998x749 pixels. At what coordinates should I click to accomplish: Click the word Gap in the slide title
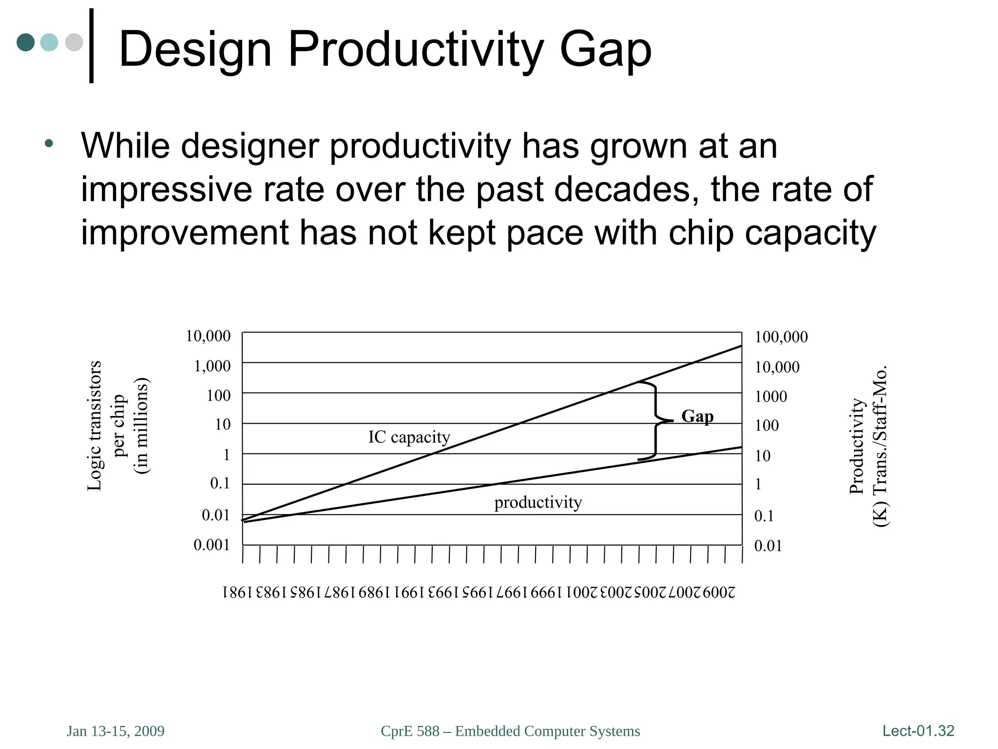pyautogui.click(x=605, y=50)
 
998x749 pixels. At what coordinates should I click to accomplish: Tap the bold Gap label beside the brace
pyautogui.click(x=697, y=416)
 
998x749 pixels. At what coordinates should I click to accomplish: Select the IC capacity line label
pyautogui.click(x=409, y=437)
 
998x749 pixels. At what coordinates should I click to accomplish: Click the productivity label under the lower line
pyautogui.click(x=538, y=502)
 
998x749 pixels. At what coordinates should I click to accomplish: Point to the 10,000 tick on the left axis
pyautogui.click(x=208, y=336)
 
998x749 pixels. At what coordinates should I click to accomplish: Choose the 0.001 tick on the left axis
pyautogui.click(x=211, y=545)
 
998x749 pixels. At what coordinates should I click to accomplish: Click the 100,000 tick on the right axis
pyautogui.click(x=781, y=337)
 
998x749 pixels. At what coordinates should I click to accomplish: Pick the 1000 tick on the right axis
pyautogui.click(x=771, y=396)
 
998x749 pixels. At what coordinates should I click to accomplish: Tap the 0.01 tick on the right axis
pyautogui.click(x=768, y=546)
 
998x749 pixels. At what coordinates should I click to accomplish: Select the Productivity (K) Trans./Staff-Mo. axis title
pyautogui.click(x=868, y=446)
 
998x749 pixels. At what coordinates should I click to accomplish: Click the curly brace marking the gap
pyautogui.click(x=655, y=420)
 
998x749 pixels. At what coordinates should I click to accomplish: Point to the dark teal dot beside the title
pyautogui.click(x=26, y=42)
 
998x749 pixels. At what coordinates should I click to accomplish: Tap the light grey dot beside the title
pyautogui.click(x=74, y=42)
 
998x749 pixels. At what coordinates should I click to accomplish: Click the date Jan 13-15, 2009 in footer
pyautogui.click(x=115, y=731)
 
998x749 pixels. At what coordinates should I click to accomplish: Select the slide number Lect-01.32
pyautogui.click(x=918, y=730)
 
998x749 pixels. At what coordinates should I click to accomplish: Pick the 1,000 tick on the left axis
pyautogui.click(x=212, y=366)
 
